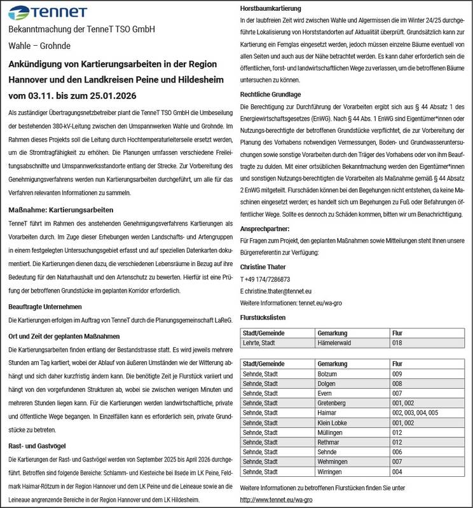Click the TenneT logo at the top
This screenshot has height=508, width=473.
pyautogui.click(x=41, y=12)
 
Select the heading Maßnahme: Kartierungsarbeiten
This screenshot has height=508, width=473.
pyautogui.click(x=60, y=209)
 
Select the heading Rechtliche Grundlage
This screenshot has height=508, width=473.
pyautogui.click(x=270, y=95)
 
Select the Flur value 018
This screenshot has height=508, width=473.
pyautogui.click(x=397, y=343)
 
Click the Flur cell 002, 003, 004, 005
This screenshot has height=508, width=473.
pyautogui.click(x=416, y=413)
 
